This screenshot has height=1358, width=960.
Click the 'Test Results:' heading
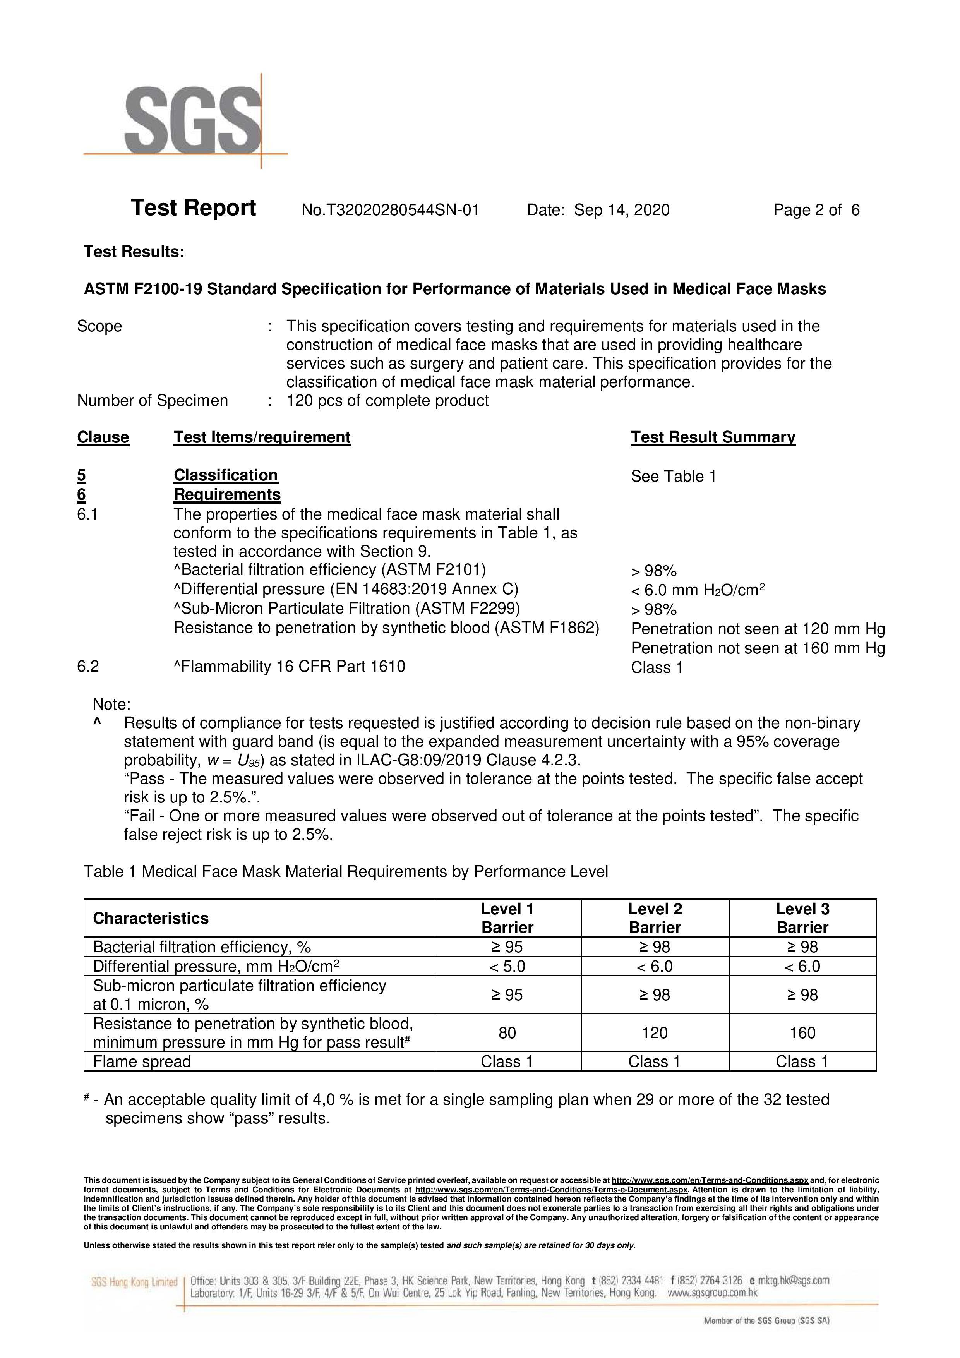(134, 252)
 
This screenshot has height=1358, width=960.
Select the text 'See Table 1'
(673, 476)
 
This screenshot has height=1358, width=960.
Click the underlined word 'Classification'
(225, 475)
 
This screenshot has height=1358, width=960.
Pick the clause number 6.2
(88, 667)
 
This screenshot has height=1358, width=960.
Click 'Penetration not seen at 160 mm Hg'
(758, 648)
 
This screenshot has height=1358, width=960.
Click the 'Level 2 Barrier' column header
(655, 918)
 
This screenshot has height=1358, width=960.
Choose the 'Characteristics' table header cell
(151, 918)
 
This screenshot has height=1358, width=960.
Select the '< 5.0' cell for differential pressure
(507, 967)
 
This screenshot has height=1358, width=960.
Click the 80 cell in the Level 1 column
(507, 1033)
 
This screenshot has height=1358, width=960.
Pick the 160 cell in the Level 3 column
(802, 1033)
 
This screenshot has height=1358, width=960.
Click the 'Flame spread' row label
(142, 1062)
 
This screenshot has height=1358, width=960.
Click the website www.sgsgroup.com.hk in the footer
(712, 1293)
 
